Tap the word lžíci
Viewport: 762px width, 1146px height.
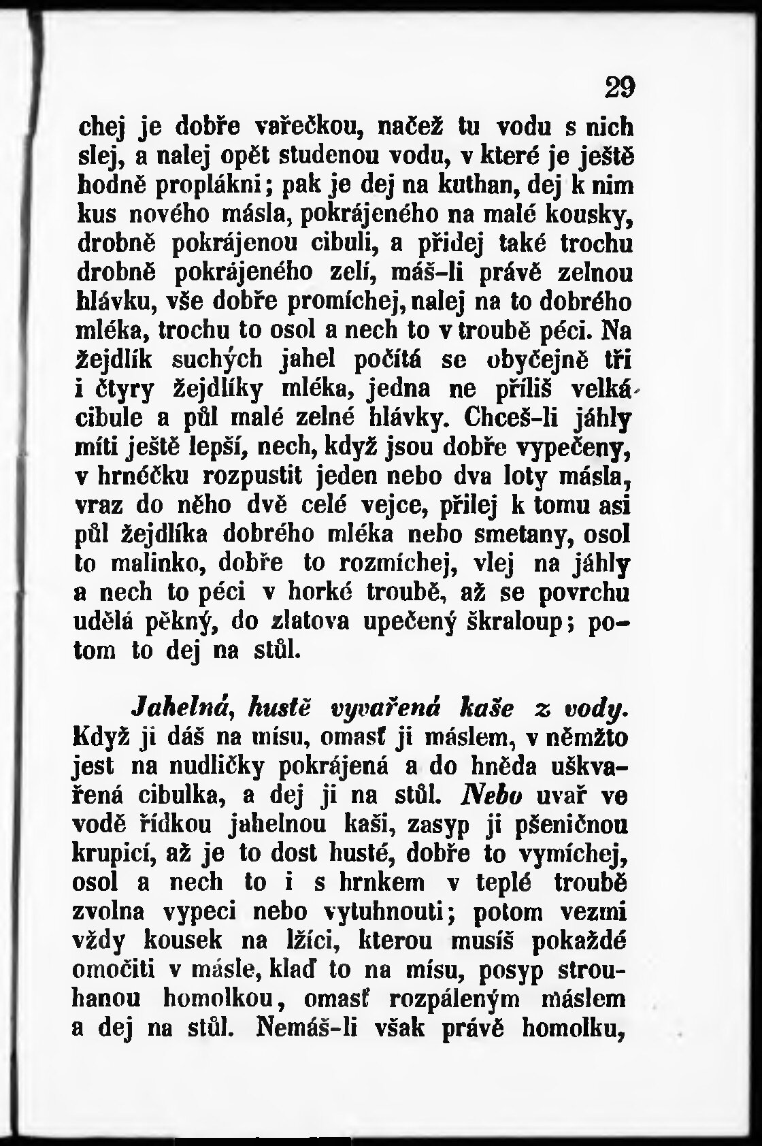(305, 942)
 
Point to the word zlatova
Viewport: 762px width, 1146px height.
(311, 621)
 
